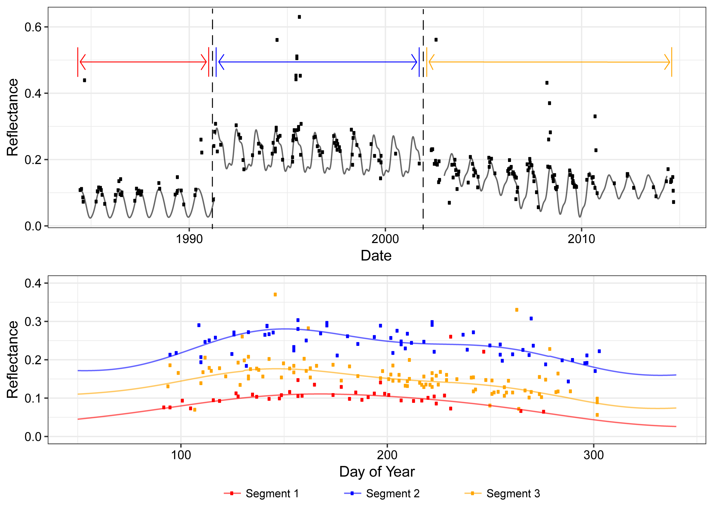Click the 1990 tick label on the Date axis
(189, 239)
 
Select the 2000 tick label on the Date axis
(385, 239)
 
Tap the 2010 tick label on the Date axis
(581, 239)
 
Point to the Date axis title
(376, 256)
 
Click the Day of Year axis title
(377, 472)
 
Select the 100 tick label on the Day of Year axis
(181, 455)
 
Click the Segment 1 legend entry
(261, 494)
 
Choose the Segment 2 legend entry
(382, 494)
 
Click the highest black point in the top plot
(299, 17)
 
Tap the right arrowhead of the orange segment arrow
(668, 62)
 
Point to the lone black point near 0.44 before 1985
(84, 80)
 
